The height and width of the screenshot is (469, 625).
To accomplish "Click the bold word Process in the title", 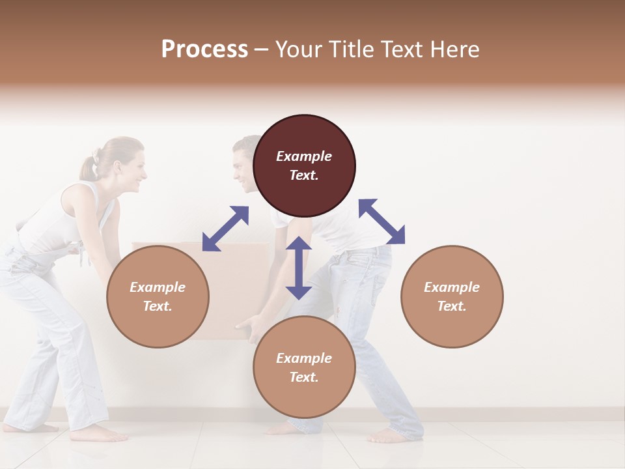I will [204, 50].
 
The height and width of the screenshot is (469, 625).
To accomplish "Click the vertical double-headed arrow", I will [299, 268].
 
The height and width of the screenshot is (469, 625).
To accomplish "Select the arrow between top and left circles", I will [225, 228].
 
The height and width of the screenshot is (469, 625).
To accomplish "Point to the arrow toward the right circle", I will [382, 221].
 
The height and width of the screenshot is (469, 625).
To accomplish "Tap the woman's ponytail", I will [88, 167].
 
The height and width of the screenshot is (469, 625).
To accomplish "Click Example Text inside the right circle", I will [452, 296].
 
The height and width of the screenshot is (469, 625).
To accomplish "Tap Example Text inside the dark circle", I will [304, 165].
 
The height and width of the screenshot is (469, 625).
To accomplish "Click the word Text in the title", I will [403, 50].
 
